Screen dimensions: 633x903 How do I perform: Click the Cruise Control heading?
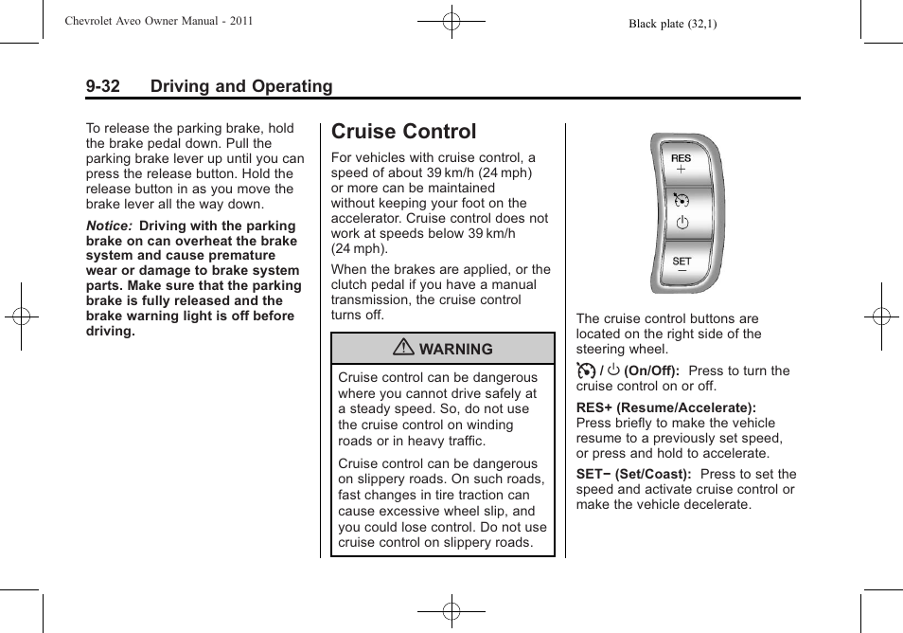(404, 132)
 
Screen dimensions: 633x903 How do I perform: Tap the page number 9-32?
(102, 86)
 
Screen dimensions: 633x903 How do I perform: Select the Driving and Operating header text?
(241, 86)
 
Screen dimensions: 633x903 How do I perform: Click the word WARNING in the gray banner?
(455, 350)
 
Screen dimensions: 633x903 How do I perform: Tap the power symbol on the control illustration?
(682, 224)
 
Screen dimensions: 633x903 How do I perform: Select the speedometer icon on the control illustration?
(682, 198)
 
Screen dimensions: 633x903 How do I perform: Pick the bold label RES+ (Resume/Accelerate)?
(666, 407)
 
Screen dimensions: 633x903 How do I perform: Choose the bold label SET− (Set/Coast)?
(633, 474)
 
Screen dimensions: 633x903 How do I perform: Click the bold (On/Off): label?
(651, 371)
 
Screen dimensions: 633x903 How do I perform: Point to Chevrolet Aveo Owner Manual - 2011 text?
(158, 20)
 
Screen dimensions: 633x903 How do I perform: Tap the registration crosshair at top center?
(451, 21)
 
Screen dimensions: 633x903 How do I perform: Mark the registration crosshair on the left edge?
(21, 316)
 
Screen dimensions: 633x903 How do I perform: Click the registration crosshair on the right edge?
(881, 316)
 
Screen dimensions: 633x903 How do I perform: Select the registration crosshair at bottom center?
(451, 612)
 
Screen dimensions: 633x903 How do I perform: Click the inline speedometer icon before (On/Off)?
(586, 371)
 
